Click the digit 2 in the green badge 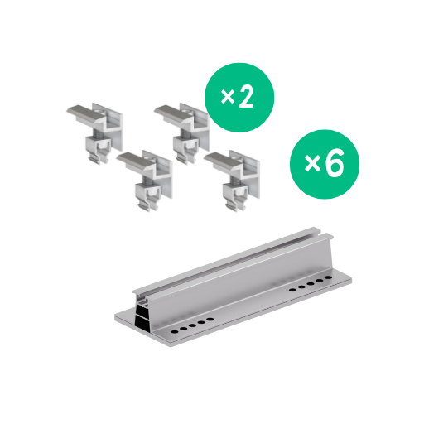(246, 98)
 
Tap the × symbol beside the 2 (228, 97)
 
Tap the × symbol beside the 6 (312, 164)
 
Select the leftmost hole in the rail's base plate (174, 331)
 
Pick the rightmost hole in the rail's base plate (328, 277)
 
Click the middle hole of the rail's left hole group (192, 325)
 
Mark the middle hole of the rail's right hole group (311, 283)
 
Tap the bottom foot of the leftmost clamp (99, 159)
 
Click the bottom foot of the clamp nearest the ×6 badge (236, 206)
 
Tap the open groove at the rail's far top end (321, 234)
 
